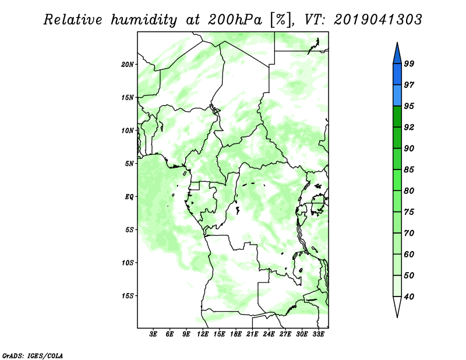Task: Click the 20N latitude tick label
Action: click(x=128, y=65)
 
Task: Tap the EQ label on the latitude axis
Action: click(x=129, y=197)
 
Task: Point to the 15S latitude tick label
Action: click(x=128, y=296)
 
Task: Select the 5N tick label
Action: click(x=129, y=164)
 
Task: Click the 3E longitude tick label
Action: click(x=153, y=334)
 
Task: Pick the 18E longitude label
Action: click(x=236, y=334)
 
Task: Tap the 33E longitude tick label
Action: click(x=318, y=334)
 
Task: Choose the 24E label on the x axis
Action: click(x=269, y=334)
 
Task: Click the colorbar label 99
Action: click(x=409, y=63)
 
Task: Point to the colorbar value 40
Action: click(x=409, y=297)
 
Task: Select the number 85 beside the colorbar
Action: click(x=409, y=170)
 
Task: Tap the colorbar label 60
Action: click(x=409, y=254)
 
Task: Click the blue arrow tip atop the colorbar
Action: click(x=397, y=43)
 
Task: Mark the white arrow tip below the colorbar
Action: click(x=397, y=317)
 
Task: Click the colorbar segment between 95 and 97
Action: click(x=397, y=96)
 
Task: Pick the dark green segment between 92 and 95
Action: click(x=397, y=117)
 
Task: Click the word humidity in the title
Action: click(x=144, y=20)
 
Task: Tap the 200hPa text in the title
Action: click(x=235, y=20)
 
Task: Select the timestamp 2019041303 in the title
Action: click(x=377, y=20)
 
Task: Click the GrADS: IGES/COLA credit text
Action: click(x=33, y=356)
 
